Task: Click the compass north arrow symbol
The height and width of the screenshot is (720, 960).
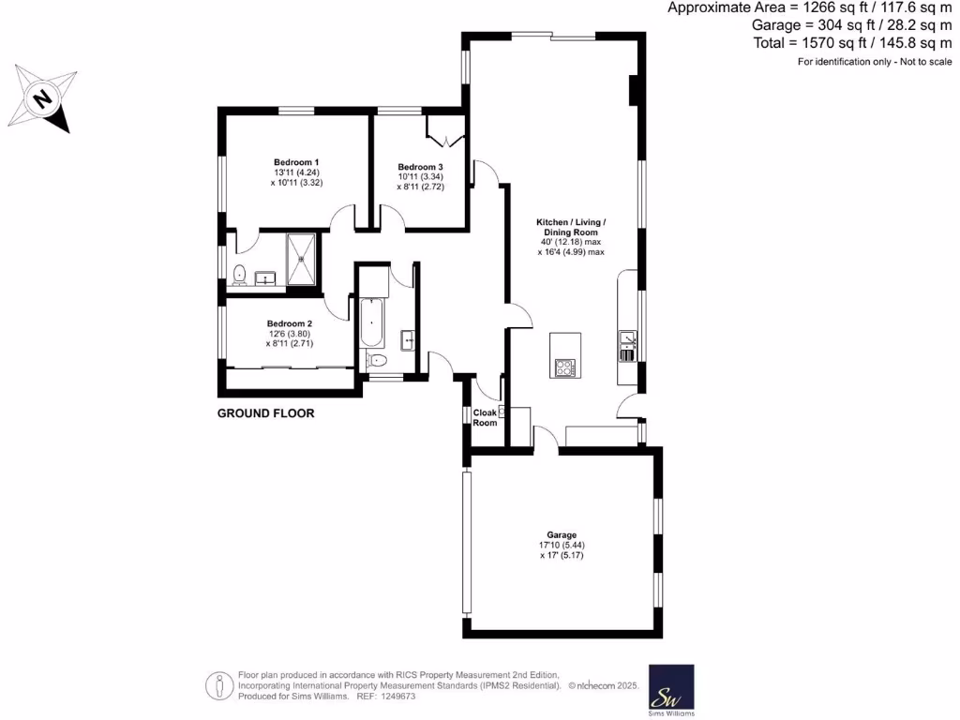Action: tap(43, 97)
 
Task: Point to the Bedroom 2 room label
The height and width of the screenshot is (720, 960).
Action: tap(291, 323)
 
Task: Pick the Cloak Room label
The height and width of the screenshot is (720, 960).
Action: tap(485, 417)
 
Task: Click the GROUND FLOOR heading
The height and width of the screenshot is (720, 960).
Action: tap(265, 413)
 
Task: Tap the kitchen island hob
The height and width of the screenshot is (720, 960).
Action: tap(565, 368)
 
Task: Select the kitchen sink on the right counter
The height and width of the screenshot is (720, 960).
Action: tap(626, 338)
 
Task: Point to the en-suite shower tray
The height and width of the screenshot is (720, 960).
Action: tap(303, 258)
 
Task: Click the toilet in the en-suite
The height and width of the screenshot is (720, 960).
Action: tap(240, 275)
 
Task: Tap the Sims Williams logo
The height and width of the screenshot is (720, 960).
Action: tap(671, 687)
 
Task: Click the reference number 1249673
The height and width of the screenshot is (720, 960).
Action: tap(395, 697)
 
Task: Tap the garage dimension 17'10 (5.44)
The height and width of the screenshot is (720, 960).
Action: tap(562, 545)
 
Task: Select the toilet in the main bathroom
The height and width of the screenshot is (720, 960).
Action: tap(378, 361)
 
